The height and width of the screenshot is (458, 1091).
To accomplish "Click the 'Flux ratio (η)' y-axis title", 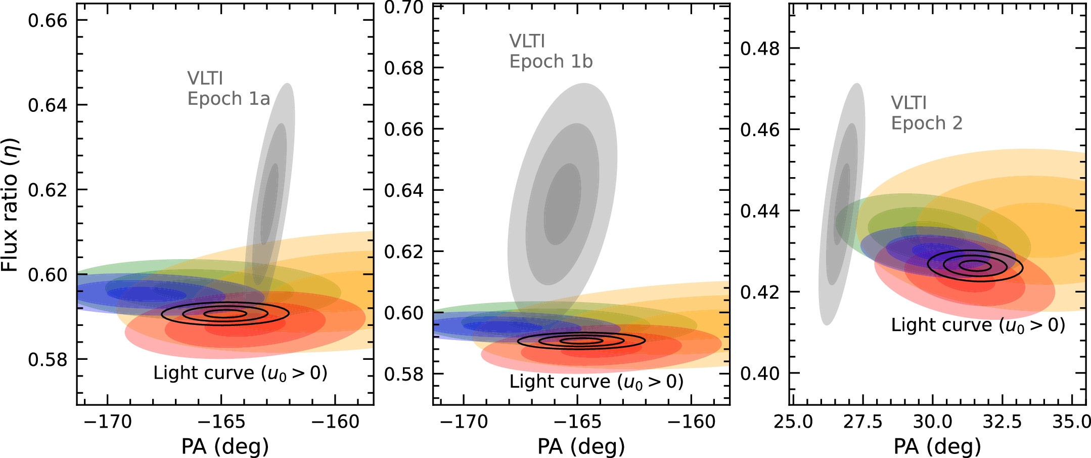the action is (x=10, y=204).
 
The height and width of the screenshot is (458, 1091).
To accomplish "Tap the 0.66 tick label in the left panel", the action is (x=48, y=21).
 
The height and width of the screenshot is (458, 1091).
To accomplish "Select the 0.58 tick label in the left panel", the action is (x=48, y=360).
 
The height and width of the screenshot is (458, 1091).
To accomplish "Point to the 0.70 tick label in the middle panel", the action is (x=404, y=8).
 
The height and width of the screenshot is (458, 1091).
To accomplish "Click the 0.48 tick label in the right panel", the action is (x=760, y=49).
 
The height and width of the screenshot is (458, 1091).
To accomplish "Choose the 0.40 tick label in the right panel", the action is (x=760, y=373).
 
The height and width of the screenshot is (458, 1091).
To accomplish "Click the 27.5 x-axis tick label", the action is (x=862, y=422).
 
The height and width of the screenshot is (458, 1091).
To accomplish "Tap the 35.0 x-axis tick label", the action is (x=1071, y=422).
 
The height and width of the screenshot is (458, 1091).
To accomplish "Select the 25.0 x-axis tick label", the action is (x=793, y=422).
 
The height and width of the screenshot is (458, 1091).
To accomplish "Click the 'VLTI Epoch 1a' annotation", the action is (x=229, y=89).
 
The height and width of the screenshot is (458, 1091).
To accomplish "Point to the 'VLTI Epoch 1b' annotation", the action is (x=551, y=51).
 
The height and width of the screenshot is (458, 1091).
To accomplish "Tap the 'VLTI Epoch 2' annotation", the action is (x=927, y=113).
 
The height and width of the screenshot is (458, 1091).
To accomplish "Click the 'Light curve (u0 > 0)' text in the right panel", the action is (x=978, y=325).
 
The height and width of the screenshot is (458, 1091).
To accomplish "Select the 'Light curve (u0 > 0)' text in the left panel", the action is (x=240, y=373).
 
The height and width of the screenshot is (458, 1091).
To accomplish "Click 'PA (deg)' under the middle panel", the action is (x=581, y=447).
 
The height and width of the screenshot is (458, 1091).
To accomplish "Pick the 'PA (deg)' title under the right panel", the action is (x=937, y=447).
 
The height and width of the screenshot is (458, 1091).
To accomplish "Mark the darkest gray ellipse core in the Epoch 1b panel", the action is (x=562, y=204).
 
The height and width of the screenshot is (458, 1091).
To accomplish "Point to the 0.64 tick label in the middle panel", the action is (x=404, y=191).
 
